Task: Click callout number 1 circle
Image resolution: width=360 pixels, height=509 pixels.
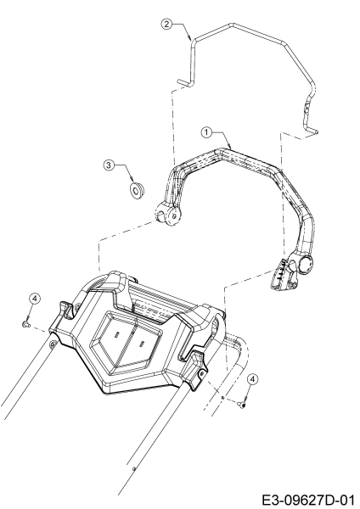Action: click(206, 132)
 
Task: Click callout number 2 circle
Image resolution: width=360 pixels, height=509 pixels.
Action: click(166, 24)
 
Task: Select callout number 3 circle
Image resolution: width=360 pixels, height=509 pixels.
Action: click(109, 165)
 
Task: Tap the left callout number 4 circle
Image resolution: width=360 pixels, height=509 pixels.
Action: click(35, 298)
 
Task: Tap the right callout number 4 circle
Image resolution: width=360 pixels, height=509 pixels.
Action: click(253, 379)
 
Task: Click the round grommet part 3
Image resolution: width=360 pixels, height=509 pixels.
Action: click(137, 189)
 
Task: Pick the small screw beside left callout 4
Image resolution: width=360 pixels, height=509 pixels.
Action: click(25, 324)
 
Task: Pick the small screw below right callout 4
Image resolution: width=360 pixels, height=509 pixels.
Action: click(242, 404)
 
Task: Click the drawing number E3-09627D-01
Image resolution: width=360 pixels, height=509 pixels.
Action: click(307, 500)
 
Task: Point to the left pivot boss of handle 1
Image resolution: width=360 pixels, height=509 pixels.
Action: click(167, 214)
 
